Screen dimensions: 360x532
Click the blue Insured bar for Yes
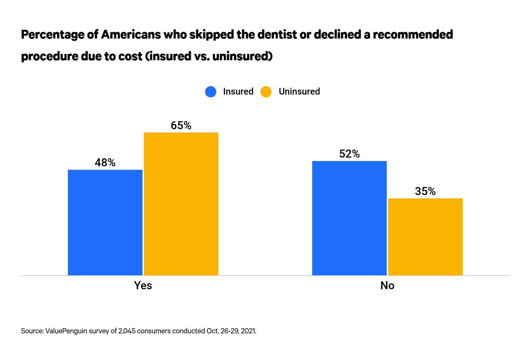105,222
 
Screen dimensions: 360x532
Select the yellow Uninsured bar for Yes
181,204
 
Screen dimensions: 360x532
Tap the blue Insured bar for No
349,218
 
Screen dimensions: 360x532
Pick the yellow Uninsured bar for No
425,237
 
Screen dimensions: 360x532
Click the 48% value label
105,162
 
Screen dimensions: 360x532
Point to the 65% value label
181,125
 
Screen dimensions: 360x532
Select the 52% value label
349,154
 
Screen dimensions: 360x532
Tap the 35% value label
425,191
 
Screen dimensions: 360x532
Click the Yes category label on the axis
143,285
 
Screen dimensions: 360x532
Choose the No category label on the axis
387,285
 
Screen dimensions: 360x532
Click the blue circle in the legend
211,92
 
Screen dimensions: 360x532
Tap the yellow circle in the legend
266,92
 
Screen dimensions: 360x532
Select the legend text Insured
238,91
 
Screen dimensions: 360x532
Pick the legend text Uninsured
299,91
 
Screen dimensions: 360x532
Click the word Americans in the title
131,35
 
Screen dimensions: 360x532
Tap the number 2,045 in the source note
127,331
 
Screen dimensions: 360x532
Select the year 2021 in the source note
248,331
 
